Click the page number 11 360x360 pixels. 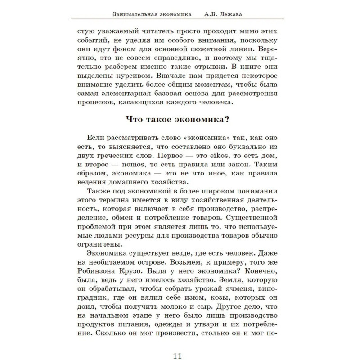(176, 345)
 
